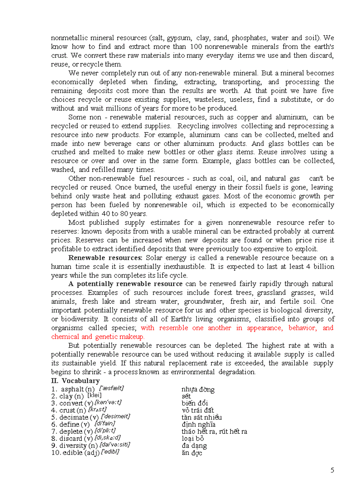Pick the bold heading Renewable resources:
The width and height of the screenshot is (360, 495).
click(105, 258)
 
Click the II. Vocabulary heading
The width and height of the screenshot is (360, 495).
click(75, 380)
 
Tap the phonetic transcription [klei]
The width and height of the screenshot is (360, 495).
click(94, 395)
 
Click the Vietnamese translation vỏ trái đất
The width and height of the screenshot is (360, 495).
click(198, 410)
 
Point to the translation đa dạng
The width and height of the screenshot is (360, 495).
click(194, 446)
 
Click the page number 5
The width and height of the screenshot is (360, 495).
click(332, 470)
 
